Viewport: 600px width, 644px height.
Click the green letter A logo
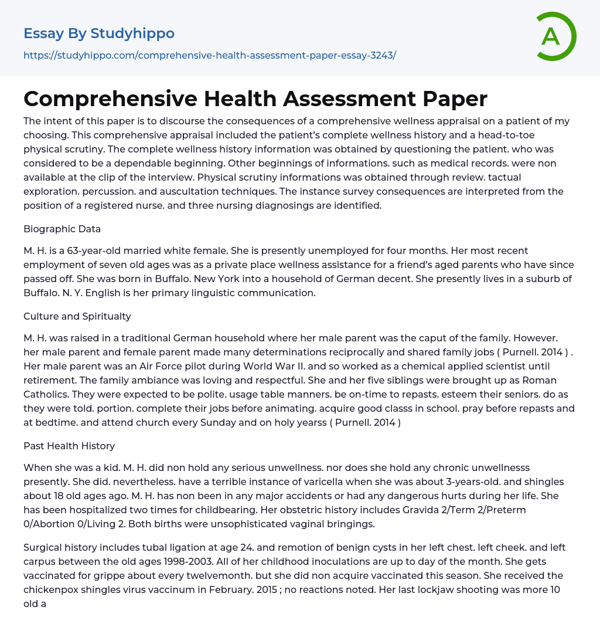pyautogui.click(x=555, y=36)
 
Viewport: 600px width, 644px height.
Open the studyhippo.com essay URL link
pyautogui.click(x=210, y=55)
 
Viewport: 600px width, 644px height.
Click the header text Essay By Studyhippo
pyautogui.click(x=99, y=33)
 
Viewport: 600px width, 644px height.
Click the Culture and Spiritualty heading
pyautogui.click(x=77, y=316)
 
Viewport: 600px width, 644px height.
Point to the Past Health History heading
pyautogui.click(x=69, y=446)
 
